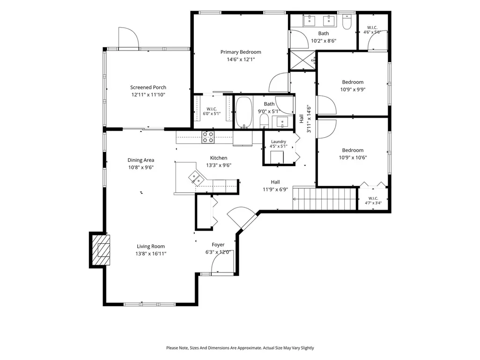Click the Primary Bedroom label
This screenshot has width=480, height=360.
pos(241,52)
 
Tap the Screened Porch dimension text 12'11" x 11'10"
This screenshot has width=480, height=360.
pos(148,95)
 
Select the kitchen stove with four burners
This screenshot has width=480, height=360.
pos(208,137)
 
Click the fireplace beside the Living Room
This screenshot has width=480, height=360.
pos(100,250)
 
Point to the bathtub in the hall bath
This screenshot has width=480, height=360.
pos(244,112)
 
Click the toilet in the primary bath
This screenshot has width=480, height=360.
pos(347,22)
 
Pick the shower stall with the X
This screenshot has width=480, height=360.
pos(303,60)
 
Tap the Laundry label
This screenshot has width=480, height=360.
pos(279,142)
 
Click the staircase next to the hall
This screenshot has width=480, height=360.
pos(325,198)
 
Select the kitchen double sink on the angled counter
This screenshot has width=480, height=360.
pos(196,178)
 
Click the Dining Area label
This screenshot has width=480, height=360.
pos(141,160)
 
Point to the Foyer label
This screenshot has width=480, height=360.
pos(218,244)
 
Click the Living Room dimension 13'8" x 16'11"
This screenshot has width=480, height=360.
pos(151,254)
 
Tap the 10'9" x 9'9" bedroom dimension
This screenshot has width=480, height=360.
pos(353,90)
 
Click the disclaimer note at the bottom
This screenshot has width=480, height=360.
pos(240,348)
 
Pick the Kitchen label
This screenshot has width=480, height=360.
pos(219,158)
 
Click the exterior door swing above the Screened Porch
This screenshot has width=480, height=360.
pos(129,38)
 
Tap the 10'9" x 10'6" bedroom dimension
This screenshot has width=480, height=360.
pos(353,158)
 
